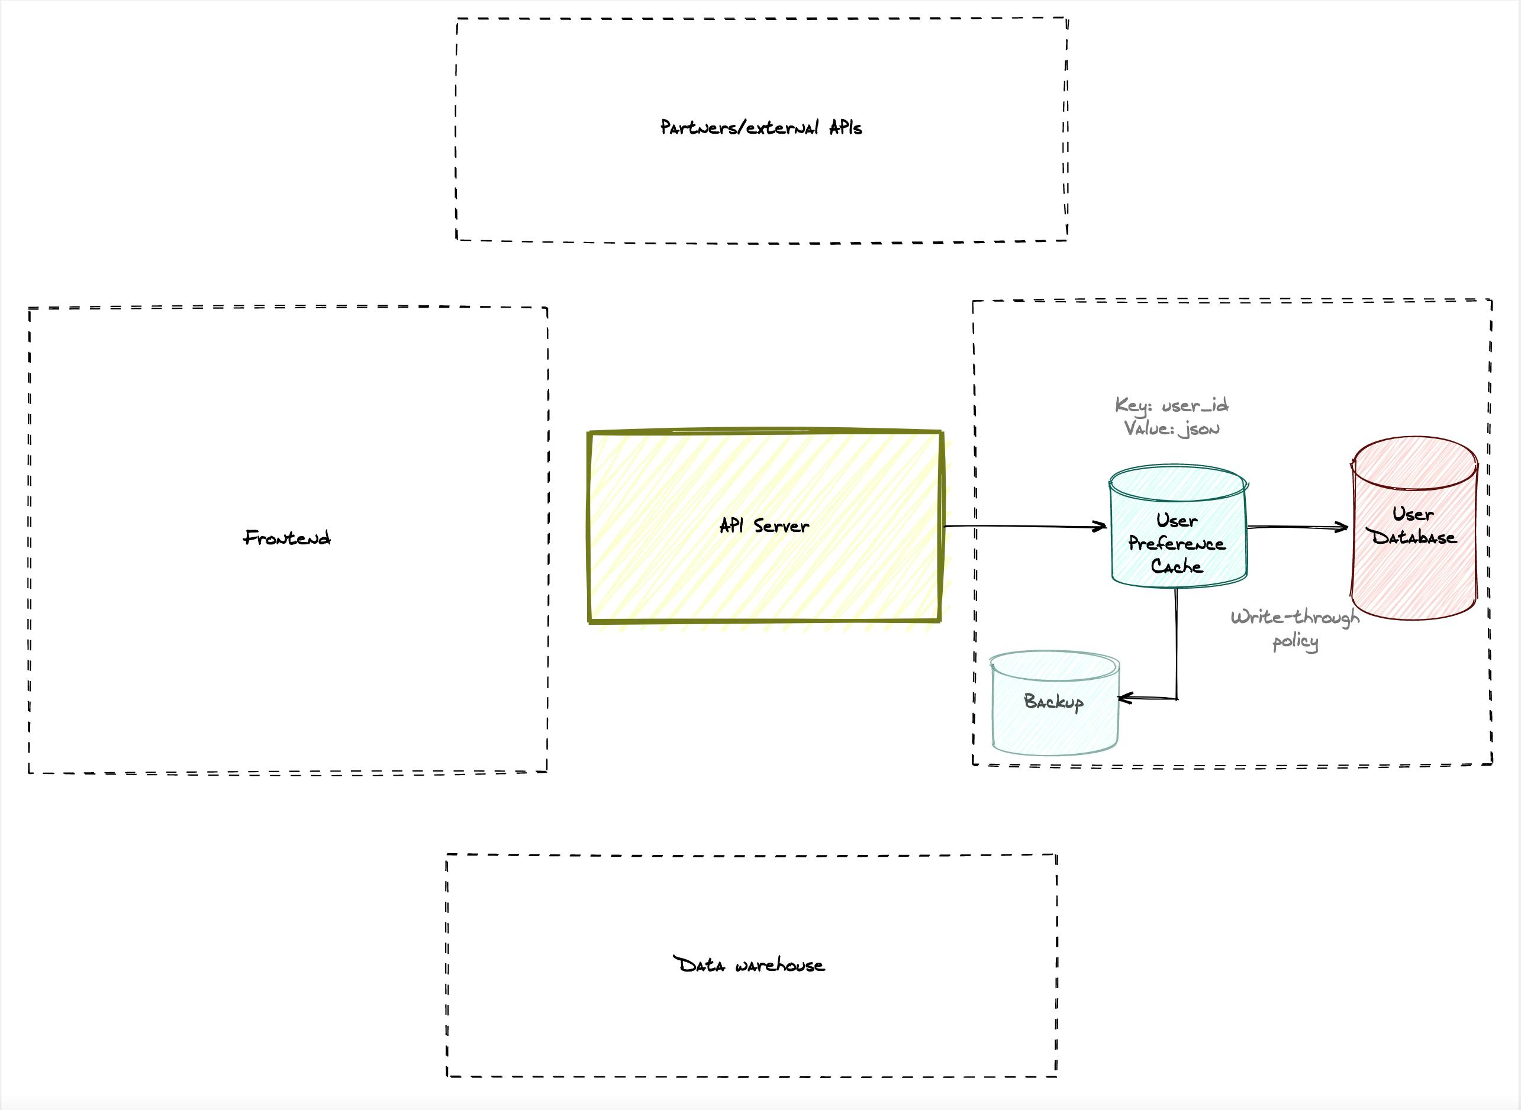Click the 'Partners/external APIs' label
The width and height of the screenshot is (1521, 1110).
[761, 128]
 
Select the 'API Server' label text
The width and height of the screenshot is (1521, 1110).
[764, 526]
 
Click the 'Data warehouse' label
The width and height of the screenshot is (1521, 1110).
[749, 966]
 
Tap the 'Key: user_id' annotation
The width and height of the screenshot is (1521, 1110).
[1171, 405]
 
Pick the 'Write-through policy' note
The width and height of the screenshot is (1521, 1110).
[1295, 628]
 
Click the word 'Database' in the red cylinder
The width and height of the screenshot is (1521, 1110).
[1414, 537]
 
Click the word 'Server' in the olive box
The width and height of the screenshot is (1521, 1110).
[781, 526]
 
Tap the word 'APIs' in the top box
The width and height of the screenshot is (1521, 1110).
[845, 128]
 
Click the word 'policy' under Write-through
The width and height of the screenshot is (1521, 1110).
[1295, 641]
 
